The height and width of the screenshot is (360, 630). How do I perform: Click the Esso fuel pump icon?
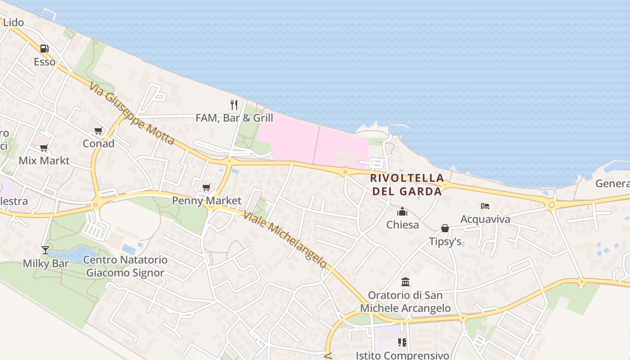tap(44, 49)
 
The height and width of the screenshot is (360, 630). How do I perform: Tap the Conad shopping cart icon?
tap(98, 131)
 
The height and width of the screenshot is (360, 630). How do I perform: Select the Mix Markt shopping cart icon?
tap(44, 148)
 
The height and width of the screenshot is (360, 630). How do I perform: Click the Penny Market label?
tap(207, 201)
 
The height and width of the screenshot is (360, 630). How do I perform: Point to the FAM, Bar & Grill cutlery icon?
tap(234, 105)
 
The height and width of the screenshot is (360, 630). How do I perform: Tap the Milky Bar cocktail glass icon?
tap(45, 250)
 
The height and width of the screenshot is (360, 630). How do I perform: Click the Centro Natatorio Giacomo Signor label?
tap(125, 266)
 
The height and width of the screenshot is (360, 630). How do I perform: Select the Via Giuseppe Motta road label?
tap(131, 114)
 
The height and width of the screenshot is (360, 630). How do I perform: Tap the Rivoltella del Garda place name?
tap(407, 184)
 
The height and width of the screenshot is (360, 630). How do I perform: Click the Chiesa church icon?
tap(402, 211)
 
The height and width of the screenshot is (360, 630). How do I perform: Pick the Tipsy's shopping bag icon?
tap(445, 229)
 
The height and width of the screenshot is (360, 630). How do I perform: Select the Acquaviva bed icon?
tap(485, 206)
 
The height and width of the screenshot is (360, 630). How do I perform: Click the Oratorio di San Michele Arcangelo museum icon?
tap(405, 282)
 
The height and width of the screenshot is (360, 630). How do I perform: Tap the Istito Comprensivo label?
tap(402, 355)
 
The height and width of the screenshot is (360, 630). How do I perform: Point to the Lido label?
tap(13, 22)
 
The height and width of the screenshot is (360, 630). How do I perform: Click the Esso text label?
tap(45, 62)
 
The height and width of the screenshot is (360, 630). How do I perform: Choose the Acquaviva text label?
tap(485, 219)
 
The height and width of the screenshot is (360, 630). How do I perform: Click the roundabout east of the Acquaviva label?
tap(552, 205)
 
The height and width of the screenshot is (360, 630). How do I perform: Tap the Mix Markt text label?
tap(44, 161)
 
